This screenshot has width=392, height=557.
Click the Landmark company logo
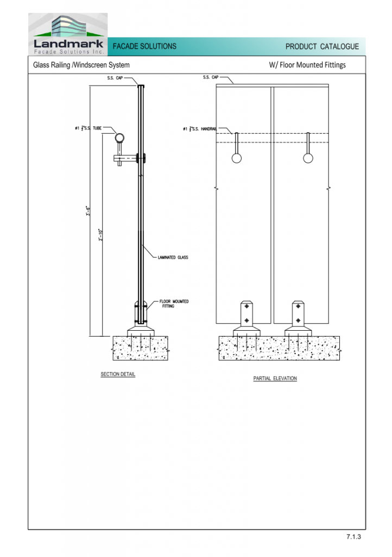tap(68, 34)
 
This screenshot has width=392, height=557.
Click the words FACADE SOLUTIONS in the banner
tap(144, 46)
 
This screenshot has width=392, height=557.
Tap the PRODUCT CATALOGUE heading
tap(322, 47)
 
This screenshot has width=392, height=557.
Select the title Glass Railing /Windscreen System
tap(81, 65)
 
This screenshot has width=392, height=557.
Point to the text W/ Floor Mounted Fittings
tap(307, 65)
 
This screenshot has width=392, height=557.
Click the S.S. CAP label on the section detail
tap(115, 78)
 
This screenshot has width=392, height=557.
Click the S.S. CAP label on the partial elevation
tap(211, 77)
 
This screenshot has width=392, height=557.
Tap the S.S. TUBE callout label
tap(88, 128)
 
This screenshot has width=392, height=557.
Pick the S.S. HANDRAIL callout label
tap(200, 128)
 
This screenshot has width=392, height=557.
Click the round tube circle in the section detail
tap(120, 138)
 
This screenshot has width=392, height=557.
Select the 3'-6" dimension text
tap(88, 211)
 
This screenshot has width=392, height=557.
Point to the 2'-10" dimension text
tap(100, 235)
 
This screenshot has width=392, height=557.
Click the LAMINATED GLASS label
tap(173, 257)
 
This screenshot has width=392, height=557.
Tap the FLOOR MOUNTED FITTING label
tap(174, 304)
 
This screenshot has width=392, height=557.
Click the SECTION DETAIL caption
tap(118, 374)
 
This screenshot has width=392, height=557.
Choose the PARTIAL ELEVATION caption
tap(275, 379)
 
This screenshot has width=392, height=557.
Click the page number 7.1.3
tap(353, 536)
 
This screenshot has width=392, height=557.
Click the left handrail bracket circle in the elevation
tap(237, 158)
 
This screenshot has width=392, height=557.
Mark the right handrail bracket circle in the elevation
tap(308, 158)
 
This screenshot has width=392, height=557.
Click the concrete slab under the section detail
tap(141, 348)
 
